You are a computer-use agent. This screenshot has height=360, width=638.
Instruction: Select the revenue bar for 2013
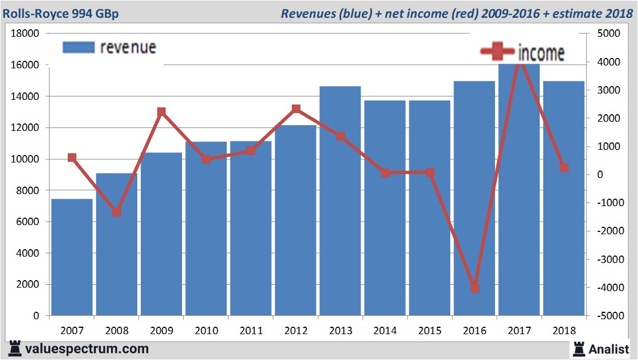(x=341, y=201)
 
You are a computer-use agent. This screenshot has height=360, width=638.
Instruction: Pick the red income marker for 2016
(x=474, y=288)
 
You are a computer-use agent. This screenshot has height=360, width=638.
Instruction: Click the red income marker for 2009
(x=161, y=112)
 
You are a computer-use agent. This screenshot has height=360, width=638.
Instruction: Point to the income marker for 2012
(x=296, y=109)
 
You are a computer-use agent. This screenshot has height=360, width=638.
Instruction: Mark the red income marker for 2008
(x=117, y=212)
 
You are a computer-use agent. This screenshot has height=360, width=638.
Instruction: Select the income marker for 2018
(x=564, y=168)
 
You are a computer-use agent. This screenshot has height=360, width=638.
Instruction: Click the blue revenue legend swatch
(x=78, y=48)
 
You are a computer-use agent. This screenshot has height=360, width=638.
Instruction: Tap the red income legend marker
(x=497, y=52)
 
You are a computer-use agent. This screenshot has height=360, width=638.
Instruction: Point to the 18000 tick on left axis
(x=25, y=33)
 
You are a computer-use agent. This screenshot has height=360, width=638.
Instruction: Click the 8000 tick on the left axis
(x=28, y=191)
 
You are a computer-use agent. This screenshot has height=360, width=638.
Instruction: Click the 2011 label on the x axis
(x=251, y=331)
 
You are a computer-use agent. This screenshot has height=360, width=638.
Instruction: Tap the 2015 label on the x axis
(x=430, y=331)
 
